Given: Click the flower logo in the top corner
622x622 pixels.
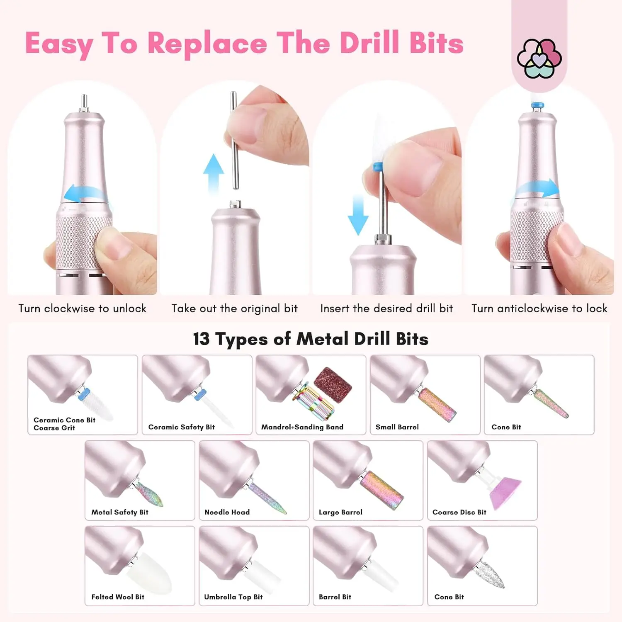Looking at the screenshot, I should click(539, 58).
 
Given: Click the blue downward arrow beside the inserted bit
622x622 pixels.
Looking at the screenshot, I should click(357, 215).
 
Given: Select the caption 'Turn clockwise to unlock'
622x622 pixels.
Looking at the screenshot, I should click(83, 309).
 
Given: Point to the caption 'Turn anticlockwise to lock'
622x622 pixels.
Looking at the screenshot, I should click(539, 309).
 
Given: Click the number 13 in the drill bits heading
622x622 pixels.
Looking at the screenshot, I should click(202, 339).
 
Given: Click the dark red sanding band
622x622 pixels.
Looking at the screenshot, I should click(333, 383).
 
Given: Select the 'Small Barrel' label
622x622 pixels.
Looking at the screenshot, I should click(397, 427).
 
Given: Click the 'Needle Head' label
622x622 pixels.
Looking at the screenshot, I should click(227, 513).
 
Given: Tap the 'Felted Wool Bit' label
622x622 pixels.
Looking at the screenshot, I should click(118, 597).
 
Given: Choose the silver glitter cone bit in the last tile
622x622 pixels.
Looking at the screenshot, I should click(491, 574).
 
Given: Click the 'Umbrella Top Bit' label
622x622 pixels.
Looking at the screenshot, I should click(233, 597).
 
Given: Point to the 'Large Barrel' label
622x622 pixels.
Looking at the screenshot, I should click(340, 513).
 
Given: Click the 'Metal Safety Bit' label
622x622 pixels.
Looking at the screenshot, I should click(120, 513).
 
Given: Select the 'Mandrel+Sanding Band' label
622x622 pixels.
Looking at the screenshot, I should click(302, 427).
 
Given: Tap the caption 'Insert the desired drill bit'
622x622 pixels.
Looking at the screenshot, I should click(386, 309).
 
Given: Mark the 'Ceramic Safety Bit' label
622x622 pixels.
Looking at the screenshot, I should click(182, 427).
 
